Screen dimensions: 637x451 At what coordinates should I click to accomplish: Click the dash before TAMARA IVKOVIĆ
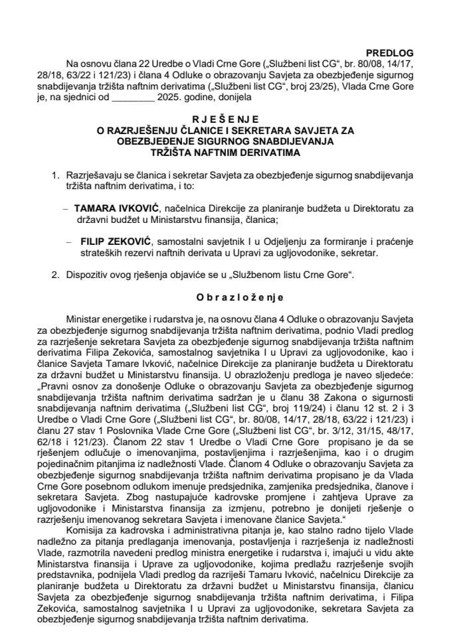pos(64,208)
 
